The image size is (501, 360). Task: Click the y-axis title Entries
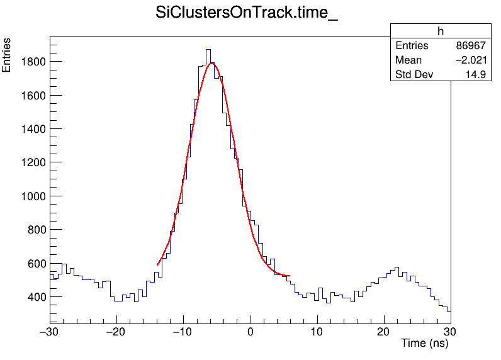tap(7, 55)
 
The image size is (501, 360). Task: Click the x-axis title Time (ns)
tap(424, 344)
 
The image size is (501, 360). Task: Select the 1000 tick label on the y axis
tap(31, 196)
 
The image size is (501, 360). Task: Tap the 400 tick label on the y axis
tap(34, 296)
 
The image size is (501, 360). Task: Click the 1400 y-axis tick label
tap(31, 129)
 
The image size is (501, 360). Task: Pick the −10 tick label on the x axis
tap(182, 332)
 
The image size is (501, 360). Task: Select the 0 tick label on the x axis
tap(250, 332)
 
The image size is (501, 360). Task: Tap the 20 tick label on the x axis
tap(384, 332)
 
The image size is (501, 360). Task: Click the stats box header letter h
tap(441, 32)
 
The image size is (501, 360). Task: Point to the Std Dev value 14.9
tap(476, 75)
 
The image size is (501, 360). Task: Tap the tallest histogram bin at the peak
tap(208, 50)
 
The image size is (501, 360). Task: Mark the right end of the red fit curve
tap(289, 276)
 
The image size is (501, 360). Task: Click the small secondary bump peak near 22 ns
tap(398, 267)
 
